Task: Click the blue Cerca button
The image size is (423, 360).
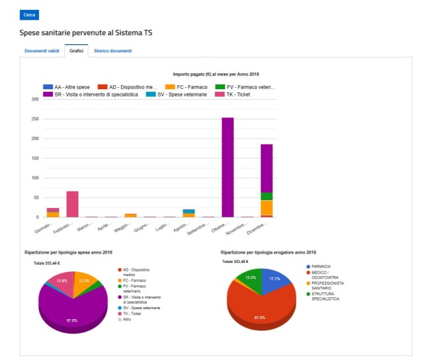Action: [29, 15]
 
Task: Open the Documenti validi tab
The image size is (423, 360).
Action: [42, 51]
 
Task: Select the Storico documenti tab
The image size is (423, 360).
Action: [112, 51]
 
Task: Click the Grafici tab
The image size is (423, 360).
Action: [76, 51]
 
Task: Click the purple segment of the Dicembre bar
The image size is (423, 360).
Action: [266, 168]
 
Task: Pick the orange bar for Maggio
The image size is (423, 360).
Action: [130, 215]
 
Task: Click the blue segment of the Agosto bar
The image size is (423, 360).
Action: [189, 211]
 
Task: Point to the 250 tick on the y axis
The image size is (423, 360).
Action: [34, 119]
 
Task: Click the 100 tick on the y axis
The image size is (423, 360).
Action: [34, 178]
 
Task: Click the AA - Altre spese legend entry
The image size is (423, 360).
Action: [66, 87]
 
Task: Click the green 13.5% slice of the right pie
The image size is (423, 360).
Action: [250, 278]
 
